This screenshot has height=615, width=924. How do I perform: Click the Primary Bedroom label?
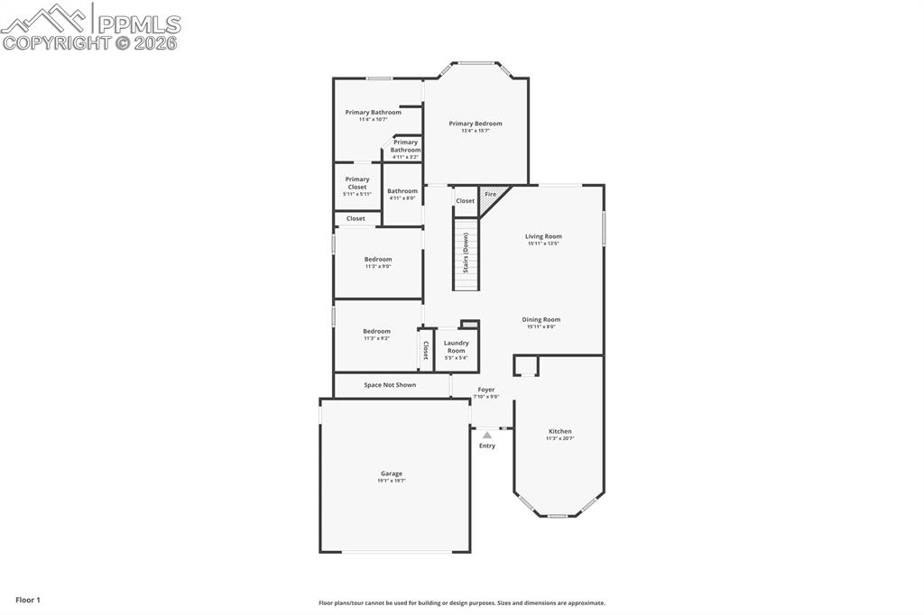pyautogui.click(x=476, y=124)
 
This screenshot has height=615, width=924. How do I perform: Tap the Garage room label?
pyautogui.click(x=392, y=473)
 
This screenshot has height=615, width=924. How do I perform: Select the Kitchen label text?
pyautogui.click(x=559, y=431)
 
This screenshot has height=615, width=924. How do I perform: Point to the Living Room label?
pyautogui.click(x=543, y=236)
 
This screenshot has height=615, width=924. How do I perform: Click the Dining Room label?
pyautogui.click(x=541, y=319)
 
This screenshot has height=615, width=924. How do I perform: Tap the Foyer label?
pyautogui.click(x=486, y=390)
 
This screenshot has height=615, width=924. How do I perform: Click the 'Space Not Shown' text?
pyautogui.click(x=390, y=385)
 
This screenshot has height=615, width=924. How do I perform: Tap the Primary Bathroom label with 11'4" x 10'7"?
pyautogui.click(x=373, y=113)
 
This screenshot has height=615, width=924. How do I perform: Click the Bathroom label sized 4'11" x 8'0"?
pyautogui.click(x=402, y=191)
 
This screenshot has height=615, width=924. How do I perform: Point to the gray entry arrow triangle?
pyautogui.click(x=487, y=435)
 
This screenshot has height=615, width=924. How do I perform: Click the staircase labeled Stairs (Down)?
pyautogui.click(x=466, y=253)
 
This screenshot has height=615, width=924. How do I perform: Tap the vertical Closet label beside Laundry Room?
pyautogui.click(x=426, y=350)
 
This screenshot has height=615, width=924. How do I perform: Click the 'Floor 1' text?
pyautogui.click(x=28, y=600)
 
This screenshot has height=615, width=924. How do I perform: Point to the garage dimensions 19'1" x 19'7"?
pyautogui.click(x=392, y=481)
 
